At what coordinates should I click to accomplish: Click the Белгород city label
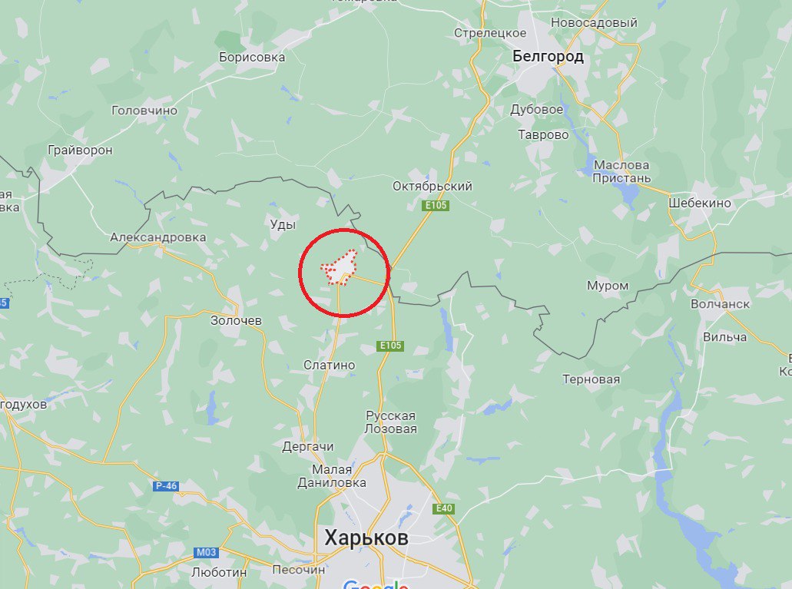[548, 56]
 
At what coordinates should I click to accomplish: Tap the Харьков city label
[366, 538]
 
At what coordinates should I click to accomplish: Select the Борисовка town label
[251, 57]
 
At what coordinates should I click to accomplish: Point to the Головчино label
[144, 111]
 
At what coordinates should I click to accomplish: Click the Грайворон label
[80, 151]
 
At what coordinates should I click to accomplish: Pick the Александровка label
[157, 237]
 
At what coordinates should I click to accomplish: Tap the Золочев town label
[236, 320]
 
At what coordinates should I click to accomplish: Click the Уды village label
[283, 224]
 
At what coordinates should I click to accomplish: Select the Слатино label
[329, 366]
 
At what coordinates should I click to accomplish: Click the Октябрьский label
[432, 187]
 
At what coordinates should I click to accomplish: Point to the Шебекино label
[700, 204]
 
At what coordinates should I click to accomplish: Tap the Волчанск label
[720, 304]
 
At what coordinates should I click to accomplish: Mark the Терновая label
[591, 379]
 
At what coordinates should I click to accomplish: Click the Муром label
[607, 286]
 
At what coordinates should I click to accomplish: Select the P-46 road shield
[166, 486]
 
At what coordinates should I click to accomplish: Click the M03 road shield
[206, 552]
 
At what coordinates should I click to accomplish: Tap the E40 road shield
[443, 509]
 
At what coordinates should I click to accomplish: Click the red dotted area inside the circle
[339, 267]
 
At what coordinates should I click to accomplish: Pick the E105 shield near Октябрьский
[435, 206]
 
